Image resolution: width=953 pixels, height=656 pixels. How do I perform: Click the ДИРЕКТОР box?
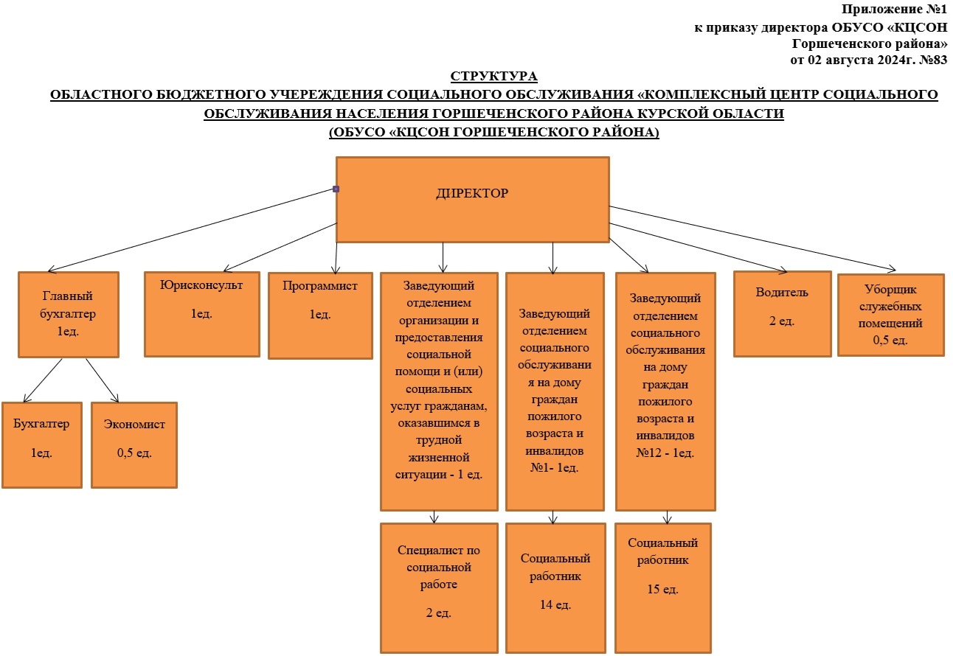[x=473, y=200]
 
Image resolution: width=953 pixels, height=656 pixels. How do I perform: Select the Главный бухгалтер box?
[x=69, y=315]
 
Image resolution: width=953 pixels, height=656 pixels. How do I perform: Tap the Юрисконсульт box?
[x=201, y=314]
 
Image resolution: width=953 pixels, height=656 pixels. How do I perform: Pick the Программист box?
[x=320, y=316]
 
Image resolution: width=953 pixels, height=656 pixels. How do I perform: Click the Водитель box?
[x=783, y=314]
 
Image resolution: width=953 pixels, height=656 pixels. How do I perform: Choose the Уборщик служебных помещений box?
[x=891, y=315]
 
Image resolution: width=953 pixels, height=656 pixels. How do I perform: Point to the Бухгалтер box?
[x=42, y=445]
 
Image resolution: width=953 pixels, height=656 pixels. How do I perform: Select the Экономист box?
[x=134, y=445]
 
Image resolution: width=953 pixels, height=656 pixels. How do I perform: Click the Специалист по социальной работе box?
[x=439, y=588]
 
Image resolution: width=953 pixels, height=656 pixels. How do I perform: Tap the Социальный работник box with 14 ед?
[x=555, y=588]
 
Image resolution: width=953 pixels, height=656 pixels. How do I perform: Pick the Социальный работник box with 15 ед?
[x=663, y=588]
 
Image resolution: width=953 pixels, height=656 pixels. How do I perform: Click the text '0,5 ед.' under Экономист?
[x=134, y=453]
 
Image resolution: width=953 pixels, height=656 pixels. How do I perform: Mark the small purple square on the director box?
[x=336, y=189]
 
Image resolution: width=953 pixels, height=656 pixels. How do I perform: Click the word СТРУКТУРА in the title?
[x=494, y=76]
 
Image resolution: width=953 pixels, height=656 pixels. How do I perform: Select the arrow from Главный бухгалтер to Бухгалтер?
[x=43, y=380]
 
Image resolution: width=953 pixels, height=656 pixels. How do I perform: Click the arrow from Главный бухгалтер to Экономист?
[x=102, y=380]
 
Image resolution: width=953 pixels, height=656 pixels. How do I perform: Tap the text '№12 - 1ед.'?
[x=665, y=453]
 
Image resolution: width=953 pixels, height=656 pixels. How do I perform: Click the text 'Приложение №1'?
[x=894, y=9]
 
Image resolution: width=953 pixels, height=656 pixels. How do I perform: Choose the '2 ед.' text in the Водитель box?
[x=782, y=321]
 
